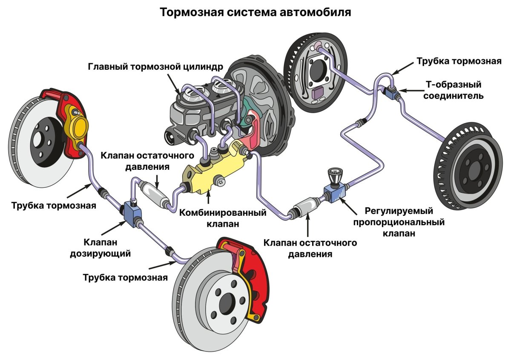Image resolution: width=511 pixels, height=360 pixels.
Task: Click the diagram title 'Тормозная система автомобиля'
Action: coord(255,12)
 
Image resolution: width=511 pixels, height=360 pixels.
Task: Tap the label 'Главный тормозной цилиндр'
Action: coord(155,67)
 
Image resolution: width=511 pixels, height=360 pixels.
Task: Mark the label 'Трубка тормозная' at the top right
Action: coord(459,61)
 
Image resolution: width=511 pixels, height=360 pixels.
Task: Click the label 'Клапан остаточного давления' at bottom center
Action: coord(310,249)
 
